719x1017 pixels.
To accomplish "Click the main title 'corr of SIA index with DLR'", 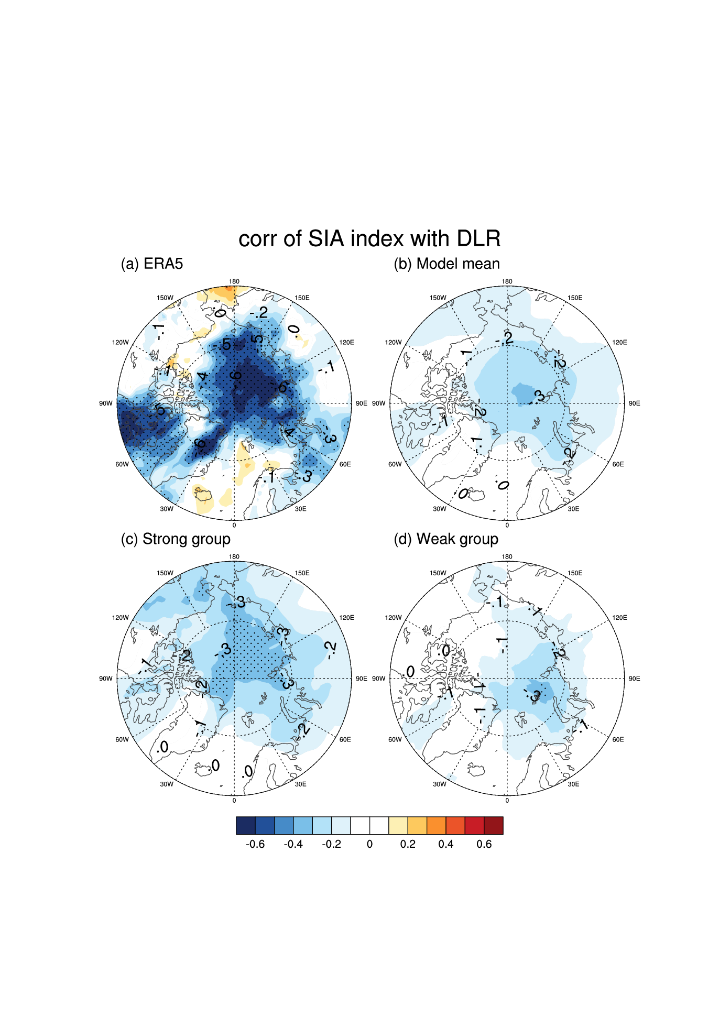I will coord(369,239).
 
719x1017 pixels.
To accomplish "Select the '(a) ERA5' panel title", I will coord(152,264).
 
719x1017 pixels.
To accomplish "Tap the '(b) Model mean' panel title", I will coord(446,264).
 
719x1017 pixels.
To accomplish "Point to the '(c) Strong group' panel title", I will coord(176,539).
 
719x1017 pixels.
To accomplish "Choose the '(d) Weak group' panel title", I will coord(446,539).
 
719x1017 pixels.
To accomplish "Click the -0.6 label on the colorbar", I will coord(255,844).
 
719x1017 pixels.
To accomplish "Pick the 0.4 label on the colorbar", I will coord(446,844).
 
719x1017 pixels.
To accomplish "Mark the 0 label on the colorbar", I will coord(369,844).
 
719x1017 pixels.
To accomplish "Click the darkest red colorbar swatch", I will coord(494,825).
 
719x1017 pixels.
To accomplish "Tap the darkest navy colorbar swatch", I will coord(246,825).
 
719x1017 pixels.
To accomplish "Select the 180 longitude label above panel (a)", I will coord(234,281).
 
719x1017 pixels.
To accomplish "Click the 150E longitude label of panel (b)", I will coord(575,298).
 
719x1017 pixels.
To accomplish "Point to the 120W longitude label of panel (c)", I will coord(120,618).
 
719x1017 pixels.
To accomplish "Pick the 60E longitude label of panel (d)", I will coord(618,739).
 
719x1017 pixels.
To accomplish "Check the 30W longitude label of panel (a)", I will coord(167,509).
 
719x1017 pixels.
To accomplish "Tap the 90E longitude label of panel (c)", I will coord(362,679).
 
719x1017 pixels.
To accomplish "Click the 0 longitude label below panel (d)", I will coord(507,801).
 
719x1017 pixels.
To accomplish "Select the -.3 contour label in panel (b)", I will coord(537,397).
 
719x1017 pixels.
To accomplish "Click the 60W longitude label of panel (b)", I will coord(395,464).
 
